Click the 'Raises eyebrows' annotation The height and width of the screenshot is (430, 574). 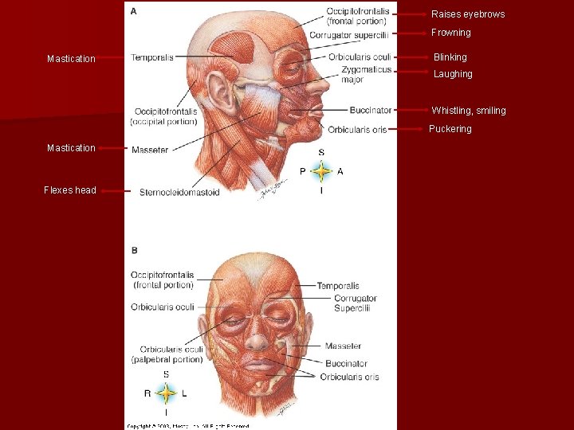[x=468, y=14]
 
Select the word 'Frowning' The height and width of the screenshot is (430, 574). [x=451, y=33]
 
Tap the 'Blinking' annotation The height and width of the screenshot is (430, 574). [x=450, y=57]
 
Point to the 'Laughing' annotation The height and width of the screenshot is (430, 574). [x=453, y=74]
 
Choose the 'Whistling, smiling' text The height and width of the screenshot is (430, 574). [x=469, y=111]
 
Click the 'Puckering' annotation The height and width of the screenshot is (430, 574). [x=450, y=129]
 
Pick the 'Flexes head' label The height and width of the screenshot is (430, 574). [x=70, y=190]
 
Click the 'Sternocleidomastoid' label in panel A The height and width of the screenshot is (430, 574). [x=179, y=192]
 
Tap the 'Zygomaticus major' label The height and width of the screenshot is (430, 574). [x=366, y=74]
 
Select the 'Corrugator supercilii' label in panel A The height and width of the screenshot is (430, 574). [x=349, y=35]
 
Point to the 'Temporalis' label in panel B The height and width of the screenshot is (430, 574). [x=338, y=286]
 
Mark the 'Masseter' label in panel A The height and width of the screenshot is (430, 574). [x=150, y=150]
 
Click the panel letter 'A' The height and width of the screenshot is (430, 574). [x=133, y=11]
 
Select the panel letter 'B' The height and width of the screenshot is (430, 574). [x=134, y=250]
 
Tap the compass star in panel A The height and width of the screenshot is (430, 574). [x=321, y=170]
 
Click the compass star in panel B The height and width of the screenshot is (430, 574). [x=166, y=393]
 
